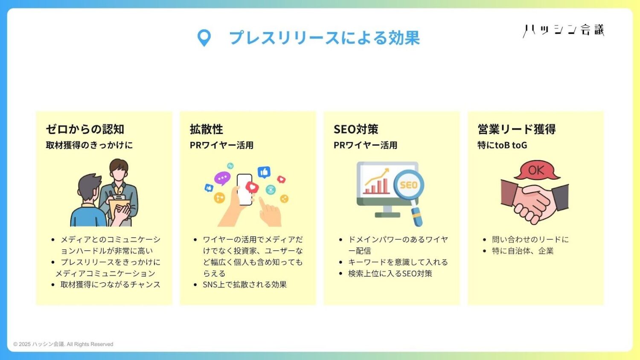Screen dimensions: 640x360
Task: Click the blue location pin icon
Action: pos(204,38)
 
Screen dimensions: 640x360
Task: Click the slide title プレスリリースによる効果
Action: pos(325,38)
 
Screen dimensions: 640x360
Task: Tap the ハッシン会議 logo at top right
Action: pos(564,31)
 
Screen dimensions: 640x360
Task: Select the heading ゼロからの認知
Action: pos(85,129)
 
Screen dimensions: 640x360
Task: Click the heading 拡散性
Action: pos(206,129)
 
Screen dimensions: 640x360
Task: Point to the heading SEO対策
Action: pos(356,129)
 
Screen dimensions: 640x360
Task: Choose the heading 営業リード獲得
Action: pos(517,129)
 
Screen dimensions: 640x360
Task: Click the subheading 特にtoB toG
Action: pos(502,145)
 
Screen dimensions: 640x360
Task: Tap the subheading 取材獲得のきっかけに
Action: pos(89,145)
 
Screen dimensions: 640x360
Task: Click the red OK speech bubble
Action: pos(537,170)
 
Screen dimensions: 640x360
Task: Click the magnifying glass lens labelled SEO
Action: pos(409,185)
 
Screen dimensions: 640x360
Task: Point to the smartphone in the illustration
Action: pos(244,189)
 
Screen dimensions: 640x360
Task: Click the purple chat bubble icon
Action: pos(222,178)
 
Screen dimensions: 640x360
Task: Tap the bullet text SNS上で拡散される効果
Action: pos(244,285)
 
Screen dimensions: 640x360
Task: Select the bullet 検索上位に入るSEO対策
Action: pos(390,273)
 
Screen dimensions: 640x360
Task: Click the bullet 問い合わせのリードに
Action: pos(530,239)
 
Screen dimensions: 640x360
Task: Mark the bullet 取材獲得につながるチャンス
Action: pos(110,285)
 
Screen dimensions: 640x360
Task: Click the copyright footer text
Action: pos(63,344)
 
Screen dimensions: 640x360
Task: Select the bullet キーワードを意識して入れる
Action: pos(398,262)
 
